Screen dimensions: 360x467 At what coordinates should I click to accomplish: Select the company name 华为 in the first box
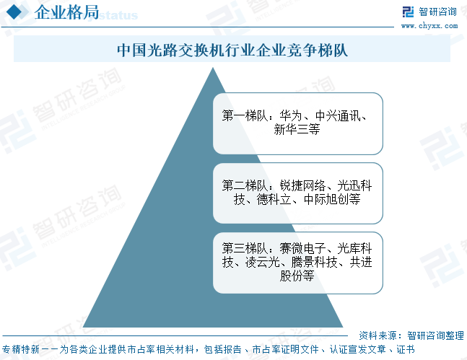tap(291, 116)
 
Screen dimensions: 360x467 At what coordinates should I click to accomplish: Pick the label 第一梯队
tap(243, 116)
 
